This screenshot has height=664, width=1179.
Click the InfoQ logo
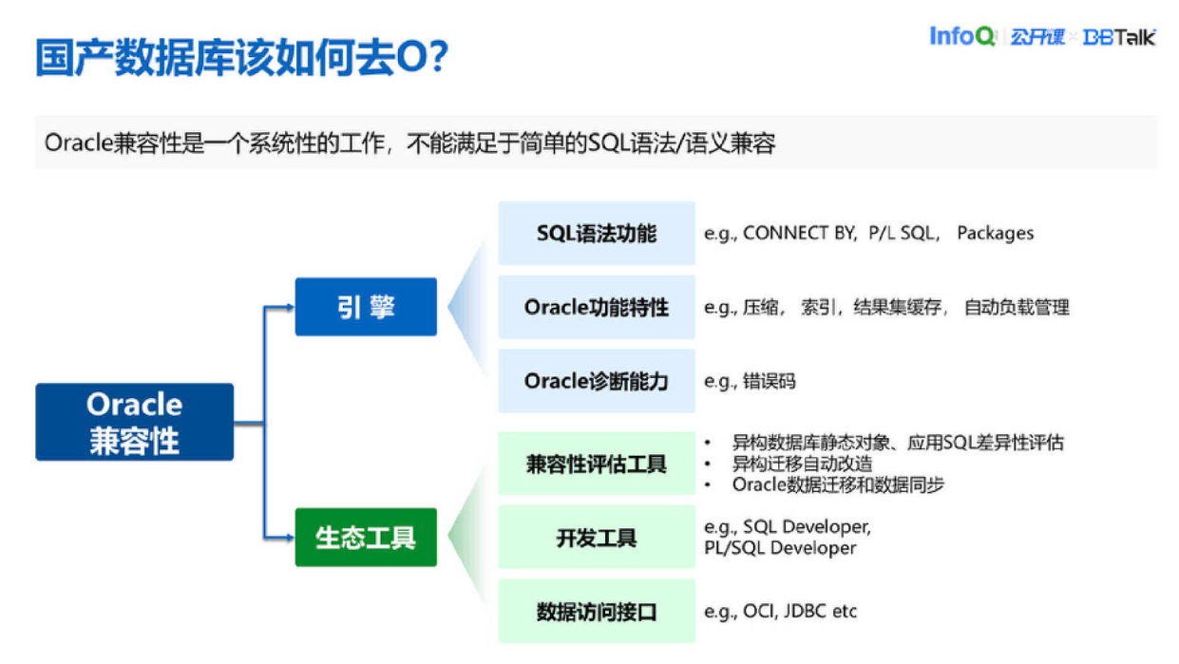tap(961, 37)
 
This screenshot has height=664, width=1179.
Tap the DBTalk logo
tap(1119, 38)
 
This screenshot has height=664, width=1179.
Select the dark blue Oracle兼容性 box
tap(134, 422)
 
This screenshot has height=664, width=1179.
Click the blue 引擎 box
tap(366, 307)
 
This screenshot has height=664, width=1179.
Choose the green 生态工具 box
tap(366, 538)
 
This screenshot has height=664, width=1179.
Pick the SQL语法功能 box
tap(596, 234)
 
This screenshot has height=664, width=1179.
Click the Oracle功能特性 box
tap(596, 308)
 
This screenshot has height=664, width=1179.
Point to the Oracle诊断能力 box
tap(596, 381)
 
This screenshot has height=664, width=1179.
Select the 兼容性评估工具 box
tap(596, 465)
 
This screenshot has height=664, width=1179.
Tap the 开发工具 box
tap(596, 539)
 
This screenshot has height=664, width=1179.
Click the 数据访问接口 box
tap(596, 612)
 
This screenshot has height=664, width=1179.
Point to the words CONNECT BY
tap(799, 234)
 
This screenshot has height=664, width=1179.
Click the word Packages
tap(995, 234)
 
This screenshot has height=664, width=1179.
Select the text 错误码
tap(770, 382)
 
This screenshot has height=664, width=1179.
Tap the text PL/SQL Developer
tap(780, 548)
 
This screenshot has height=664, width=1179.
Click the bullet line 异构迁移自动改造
tap(802, 465)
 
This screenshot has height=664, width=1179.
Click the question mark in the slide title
tap(437, 59)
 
